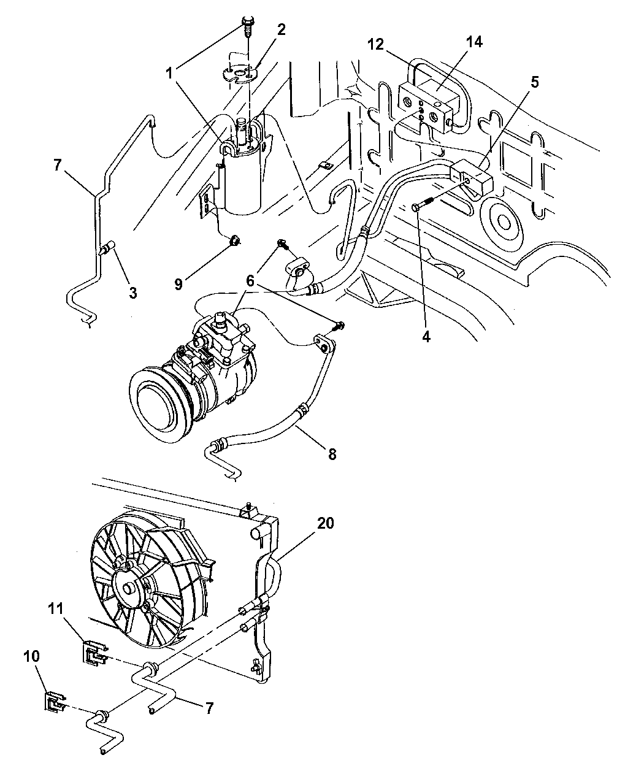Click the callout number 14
pyautogui.click(x=474, y=43)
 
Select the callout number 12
pyautogui.click(x=376, y=45)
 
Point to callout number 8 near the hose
pyautogui.click(x=332, y=454)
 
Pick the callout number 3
pyautogui.click(x=132, y=293)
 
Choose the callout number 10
pyautogui.click(x=32, y=656)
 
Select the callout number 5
pyautogui.click(x=535, y=82)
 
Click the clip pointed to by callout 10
pyautogui.click(x=55, y=702)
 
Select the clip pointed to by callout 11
pyautogui.click(x=93, y=652)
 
